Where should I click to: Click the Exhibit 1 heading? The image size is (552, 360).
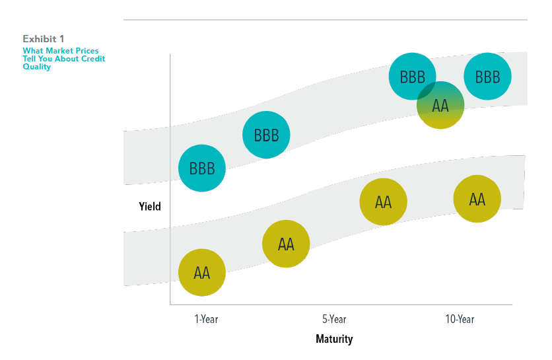pos(44,38)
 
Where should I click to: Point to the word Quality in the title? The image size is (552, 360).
pos(36,67)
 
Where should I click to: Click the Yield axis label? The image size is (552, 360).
pos(150,206)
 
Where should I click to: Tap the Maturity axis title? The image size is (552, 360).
pos(334,340)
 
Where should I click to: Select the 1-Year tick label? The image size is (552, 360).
pos(206,320)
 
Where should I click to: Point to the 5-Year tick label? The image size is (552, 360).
pos(334,320)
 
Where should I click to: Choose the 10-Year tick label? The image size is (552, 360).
pos(460,320)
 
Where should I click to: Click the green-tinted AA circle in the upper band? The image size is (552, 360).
pos(440,106)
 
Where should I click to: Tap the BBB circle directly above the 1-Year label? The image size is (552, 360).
pos(202,168)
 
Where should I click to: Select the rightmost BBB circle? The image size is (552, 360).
pos(487,77)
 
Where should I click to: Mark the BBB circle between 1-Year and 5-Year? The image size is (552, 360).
pos(266,135)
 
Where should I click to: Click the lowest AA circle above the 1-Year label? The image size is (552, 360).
pos(202,272)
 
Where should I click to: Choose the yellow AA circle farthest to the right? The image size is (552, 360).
pos(477,199)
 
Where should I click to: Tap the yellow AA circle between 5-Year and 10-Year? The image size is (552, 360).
pos(383,202)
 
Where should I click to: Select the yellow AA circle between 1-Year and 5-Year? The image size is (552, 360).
pos(286,244)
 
